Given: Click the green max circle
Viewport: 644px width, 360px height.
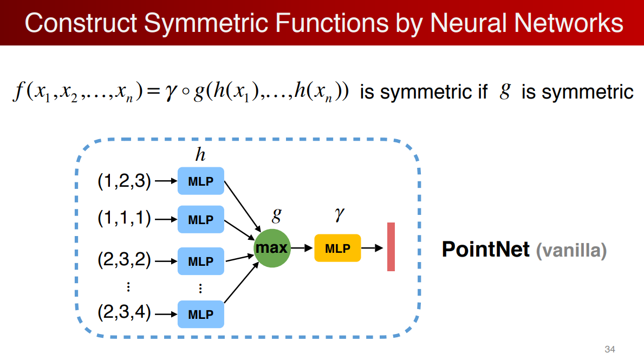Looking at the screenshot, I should [x=272, y=248].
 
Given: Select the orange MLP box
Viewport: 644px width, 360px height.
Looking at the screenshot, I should [x=337, y=248].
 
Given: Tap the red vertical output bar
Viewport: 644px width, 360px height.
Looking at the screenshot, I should [x=391, y=246].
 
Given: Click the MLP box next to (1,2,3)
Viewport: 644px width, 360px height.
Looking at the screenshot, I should [x=200, y=181].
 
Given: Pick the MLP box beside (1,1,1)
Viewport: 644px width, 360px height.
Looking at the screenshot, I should [x=200, y=220].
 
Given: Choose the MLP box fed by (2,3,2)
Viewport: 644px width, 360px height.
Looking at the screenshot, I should [x=200, y=261].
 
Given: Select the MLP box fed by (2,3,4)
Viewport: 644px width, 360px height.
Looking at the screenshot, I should [x=200, y=314].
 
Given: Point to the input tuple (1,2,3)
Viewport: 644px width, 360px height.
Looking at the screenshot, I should [x=124, y=181].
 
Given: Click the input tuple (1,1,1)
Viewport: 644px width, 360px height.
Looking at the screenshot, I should [x=124, y=219].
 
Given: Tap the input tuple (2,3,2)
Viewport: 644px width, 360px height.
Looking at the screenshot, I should [x=124, y=260].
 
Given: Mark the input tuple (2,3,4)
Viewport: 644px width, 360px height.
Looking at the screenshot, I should [x=124, y=313].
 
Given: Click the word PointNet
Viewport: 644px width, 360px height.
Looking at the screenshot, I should [x=485, y=250].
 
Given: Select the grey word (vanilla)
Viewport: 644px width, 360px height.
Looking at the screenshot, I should [x=571, y=251].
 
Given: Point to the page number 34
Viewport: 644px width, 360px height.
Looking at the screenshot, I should [x=609, y=349].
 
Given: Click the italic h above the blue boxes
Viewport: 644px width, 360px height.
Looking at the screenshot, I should [x=200, y=155].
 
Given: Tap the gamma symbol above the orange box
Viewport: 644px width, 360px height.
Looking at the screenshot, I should [x=339, y=215].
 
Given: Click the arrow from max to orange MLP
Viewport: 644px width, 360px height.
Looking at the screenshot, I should [x=303, y=248].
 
